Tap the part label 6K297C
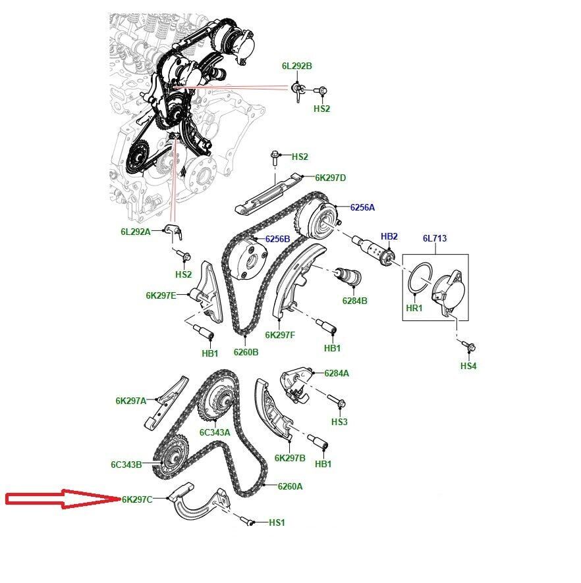(137, 499)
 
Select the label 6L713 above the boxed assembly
(435, 238)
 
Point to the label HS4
(468, 366)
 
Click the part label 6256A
(362, 207)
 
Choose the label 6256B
(277, 239)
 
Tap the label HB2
(389, 236)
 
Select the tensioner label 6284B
(354, 301)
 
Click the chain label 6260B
(246, 352)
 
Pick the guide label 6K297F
(280, 335)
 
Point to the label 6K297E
(161, 295)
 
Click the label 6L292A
(136, 232)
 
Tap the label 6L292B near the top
(297, 66)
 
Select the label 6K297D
(331, 178)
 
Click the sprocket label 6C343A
(215, 432)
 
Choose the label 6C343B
(126, 465)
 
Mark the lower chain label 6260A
(290, 486)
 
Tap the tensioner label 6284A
(337, 373)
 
